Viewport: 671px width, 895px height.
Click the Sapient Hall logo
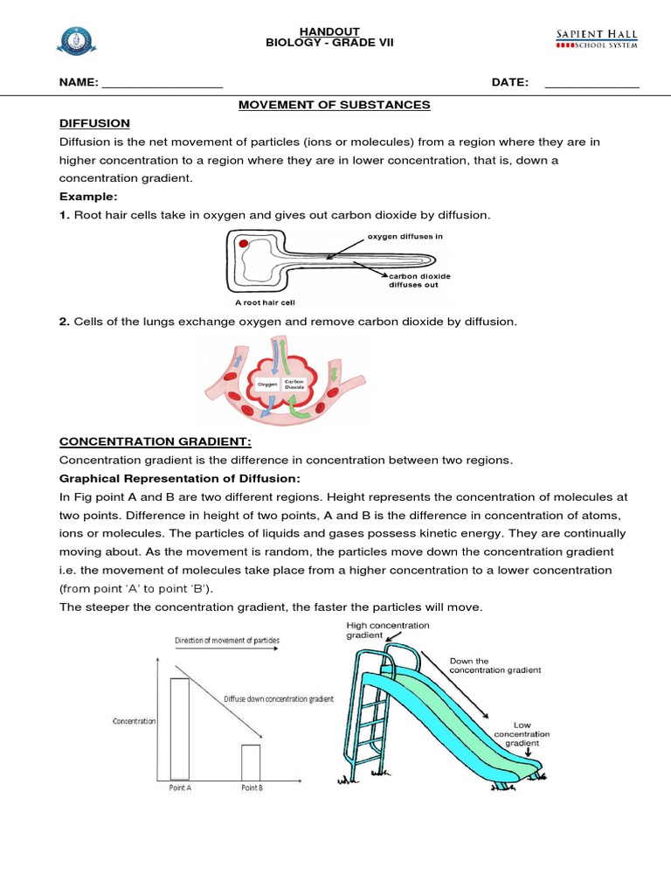597,38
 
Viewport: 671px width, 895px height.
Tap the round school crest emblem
74,39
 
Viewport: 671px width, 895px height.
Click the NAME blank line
162,84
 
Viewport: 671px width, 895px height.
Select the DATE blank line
591,84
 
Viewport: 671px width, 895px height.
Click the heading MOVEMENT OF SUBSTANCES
335,105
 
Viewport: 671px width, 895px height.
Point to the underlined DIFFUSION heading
94,123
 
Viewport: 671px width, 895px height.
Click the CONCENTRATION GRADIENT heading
155,442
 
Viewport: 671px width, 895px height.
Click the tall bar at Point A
179,728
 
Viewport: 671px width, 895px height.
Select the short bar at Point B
251,761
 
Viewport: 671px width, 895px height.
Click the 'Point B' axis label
252,788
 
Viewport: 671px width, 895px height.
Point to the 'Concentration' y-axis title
134,722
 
